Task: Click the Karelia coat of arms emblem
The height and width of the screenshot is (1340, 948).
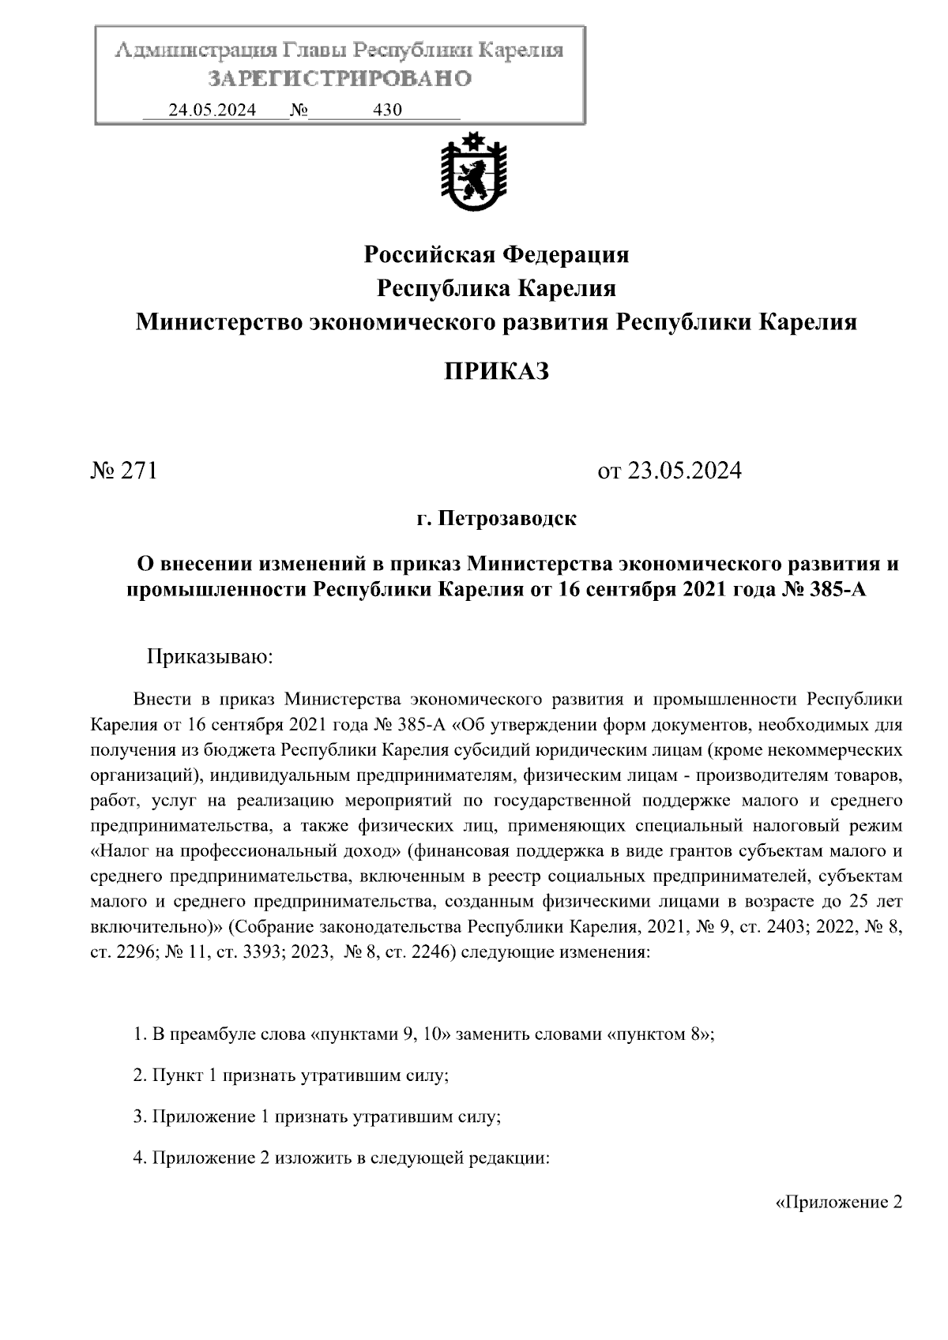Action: tap(473, 172)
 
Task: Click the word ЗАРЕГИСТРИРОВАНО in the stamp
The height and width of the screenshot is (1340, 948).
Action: tap(340, 79)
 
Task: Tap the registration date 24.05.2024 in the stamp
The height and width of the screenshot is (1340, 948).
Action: tap(212, 111)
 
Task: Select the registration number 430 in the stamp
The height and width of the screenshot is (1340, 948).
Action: tap(387, 111)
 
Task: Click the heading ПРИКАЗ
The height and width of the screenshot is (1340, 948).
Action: tap(496, 371)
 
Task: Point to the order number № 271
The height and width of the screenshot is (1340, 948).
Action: tap(125, 471)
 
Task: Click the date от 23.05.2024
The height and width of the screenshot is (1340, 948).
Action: tap(670, 471)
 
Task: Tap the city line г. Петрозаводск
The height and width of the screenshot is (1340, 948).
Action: tap(496, 520)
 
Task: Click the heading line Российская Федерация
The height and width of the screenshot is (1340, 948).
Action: tap(496, 255)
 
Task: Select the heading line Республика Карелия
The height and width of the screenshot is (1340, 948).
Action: tap(496, 288)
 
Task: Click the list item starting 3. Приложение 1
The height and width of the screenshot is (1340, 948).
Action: tap(318, 1117)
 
